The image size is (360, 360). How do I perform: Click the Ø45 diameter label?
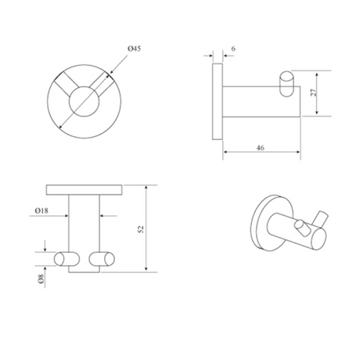[x=135, y=49]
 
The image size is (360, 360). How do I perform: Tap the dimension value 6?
[x=233, y=49]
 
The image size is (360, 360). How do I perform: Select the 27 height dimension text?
[x=313, y=92]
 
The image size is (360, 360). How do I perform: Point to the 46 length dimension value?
[x=260, y=148]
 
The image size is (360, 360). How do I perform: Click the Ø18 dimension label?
[x=41, y=211]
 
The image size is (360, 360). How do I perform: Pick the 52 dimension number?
[x=141, y=229]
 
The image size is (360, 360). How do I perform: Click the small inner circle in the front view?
[x=85, y=102]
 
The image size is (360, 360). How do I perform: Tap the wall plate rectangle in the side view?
[x=218, y=102]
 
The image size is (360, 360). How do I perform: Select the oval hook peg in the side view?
[x=286, y=84]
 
